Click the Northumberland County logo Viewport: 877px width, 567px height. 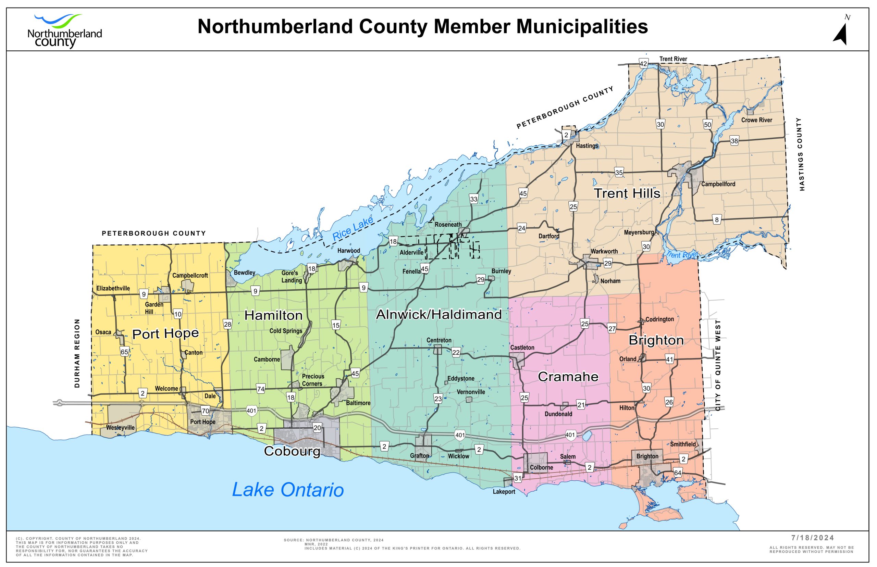(64, 31)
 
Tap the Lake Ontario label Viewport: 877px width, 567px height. (288, 490)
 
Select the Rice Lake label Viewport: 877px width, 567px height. (353, 229)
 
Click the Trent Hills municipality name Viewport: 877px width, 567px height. (627, 193)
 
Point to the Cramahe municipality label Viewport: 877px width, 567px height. (568, 377)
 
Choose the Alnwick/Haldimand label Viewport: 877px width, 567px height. (439, 314)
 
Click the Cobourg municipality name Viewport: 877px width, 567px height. (292, 451)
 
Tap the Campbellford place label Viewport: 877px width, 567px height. (718, 184)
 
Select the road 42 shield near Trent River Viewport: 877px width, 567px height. (643, 64)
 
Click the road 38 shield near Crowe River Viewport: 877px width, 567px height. (734, 141)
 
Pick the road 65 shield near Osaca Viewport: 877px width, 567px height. (124, 352)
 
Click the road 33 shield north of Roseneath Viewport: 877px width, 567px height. (473, 199)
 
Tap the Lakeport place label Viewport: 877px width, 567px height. (504, 492)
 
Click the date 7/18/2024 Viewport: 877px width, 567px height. (813, 538)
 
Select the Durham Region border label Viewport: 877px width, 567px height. (77, 353)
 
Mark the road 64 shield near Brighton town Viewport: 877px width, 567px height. (677, 473)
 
